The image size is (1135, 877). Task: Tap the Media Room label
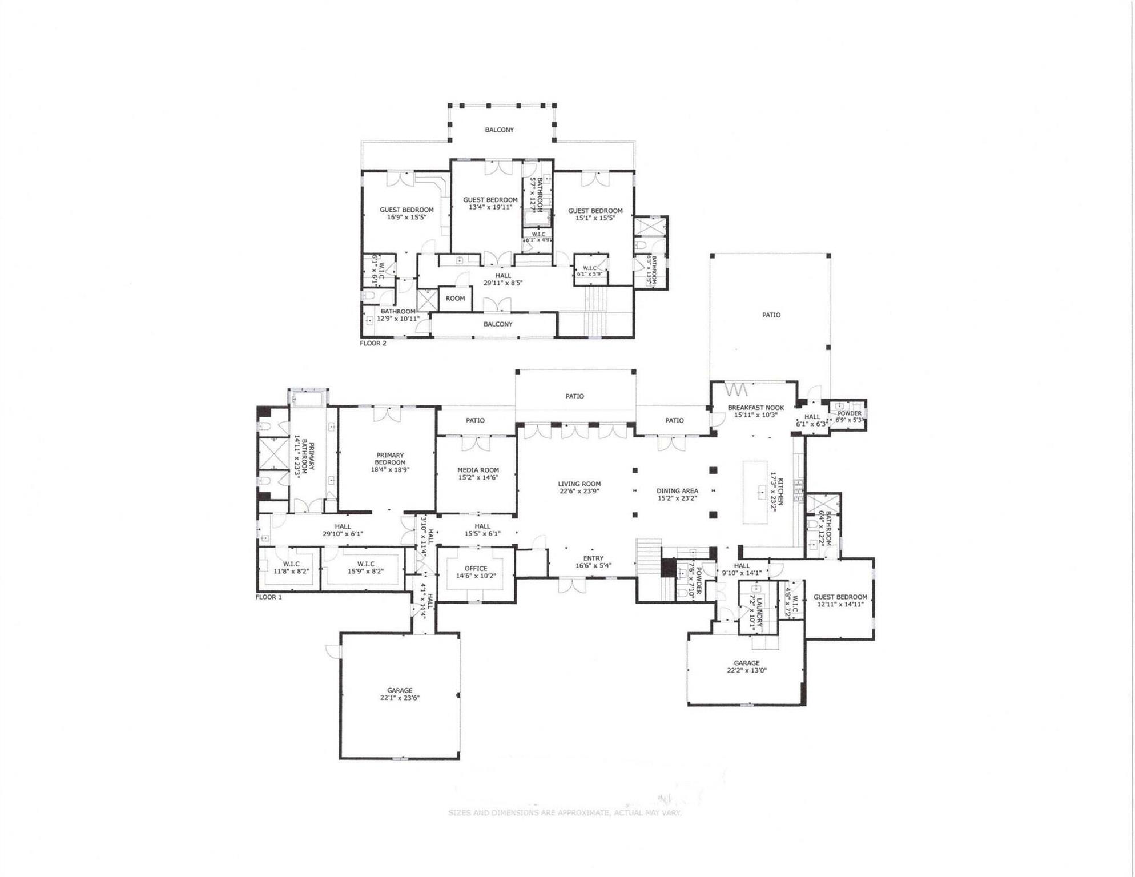click(x=478, y=470)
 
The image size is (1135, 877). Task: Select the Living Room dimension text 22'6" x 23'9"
click(x=579, y=491)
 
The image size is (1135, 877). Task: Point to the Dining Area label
click(x=677, y=491)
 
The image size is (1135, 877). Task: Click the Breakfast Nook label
click(x=755, y=408)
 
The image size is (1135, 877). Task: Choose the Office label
click(x=476, y=569)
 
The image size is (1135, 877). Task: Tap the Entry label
click(x=593, y=558)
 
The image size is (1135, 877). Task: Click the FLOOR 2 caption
click(x=373, y=343)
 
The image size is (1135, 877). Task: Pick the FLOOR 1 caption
click(x=268, y=597)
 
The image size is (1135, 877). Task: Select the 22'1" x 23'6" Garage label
click(x=400, y=694)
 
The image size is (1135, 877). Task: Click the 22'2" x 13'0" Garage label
click(x=746, y=667)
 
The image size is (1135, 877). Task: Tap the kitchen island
click(x=755, y=492)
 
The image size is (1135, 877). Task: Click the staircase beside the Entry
click(x=650, y=568)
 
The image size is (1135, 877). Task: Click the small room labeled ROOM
click(x=455, y=299)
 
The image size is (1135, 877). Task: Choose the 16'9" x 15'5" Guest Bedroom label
click(x=406, y=214)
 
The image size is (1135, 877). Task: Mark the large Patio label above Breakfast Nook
click(x=771, y=315)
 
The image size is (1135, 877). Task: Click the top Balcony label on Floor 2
click(x=499, y=130)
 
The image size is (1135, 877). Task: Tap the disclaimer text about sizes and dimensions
click(x=564, y=812)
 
